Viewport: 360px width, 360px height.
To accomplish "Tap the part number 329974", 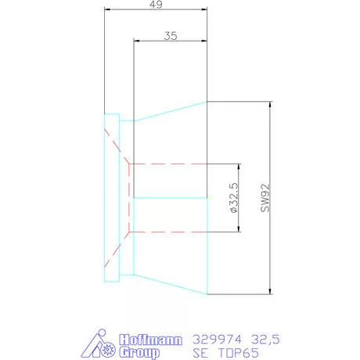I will (x=214, y=340).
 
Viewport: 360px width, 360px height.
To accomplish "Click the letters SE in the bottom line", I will (x=199, y=353).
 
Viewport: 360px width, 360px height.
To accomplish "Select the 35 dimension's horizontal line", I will (x=171, y=42).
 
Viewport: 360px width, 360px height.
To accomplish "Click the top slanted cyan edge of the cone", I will (x=171, y=110).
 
